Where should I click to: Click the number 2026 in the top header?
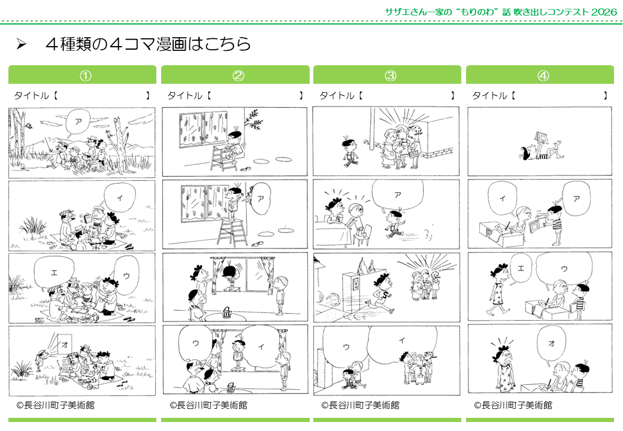601,12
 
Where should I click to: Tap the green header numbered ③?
390,75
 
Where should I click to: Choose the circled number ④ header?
543,75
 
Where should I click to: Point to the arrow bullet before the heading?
22,45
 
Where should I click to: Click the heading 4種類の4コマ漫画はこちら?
147,45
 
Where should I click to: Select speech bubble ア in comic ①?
78,122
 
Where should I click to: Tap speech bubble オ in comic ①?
64,345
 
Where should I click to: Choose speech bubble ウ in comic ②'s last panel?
196,344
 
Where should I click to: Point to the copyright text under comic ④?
513,405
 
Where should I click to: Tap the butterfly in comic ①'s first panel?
28,126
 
